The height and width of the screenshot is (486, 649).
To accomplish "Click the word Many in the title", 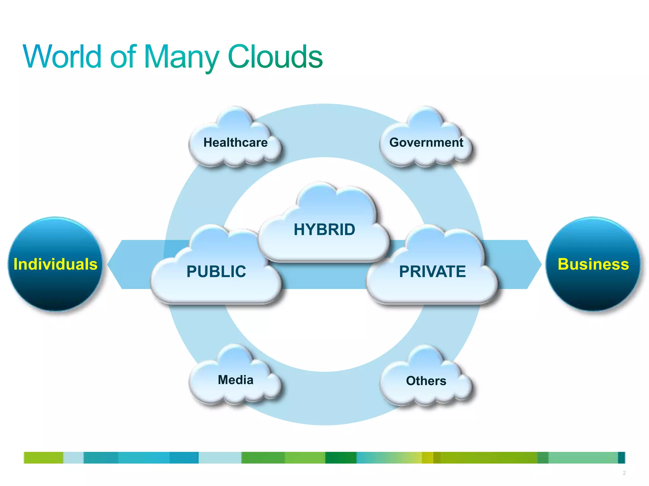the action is click(x=181, y=58).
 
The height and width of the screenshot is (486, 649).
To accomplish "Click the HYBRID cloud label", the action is click(x=324, y=229).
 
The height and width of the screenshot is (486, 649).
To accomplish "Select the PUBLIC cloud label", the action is click(x=216, y=271).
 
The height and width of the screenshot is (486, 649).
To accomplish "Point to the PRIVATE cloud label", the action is click(x=432, y=271).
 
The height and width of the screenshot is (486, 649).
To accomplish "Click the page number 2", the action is click(x=624, y=473).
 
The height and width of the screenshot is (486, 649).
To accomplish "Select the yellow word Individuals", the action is click(x=55, y=264).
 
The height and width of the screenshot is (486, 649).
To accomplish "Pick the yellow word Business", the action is click(x=593, y=264).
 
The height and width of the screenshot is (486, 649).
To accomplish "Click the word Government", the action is click(x=426, y=142).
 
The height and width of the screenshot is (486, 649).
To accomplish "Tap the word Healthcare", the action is click(x=235, y=142).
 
